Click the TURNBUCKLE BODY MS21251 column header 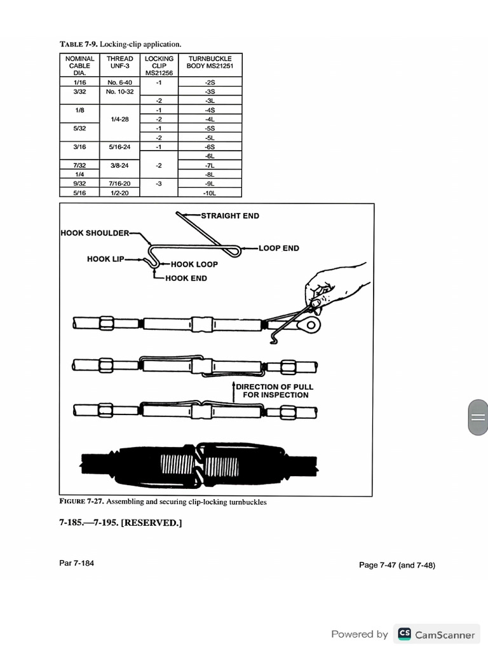coord(210,62)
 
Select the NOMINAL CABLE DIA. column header coord(80,65)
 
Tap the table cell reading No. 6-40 coord(120,83)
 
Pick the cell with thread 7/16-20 coord(120,183)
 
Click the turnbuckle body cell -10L coord(210,192)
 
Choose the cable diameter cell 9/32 coord(80,183)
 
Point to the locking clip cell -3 coord(159,183)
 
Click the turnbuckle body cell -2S coord(210,83)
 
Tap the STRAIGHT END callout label coord(230,216)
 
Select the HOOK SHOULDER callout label coord(95,233)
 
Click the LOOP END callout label coord(279,248)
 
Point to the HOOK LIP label coord(106,259)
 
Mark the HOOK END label coord(186,278)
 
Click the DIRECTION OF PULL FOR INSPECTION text coord(274,390)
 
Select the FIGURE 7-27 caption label coord(81,502)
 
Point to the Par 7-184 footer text coord(76,563)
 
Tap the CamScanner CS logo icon coord(404,634)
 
